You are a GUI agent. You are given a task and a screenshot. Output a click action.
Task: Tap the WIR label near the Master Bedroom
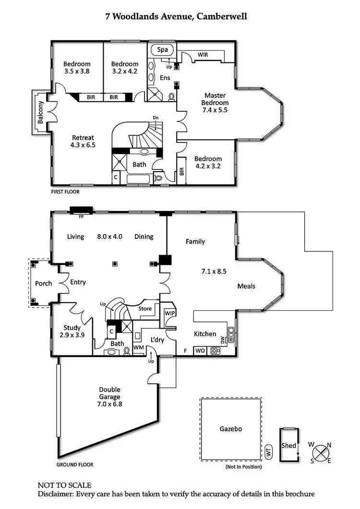click(203, 55)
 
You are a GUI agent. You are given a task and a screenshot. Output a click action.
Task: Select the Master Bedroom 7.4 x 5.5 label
click(216, 102)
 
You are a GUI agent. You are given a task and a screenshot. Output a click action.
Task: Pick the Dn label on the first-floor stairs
click(156, 117)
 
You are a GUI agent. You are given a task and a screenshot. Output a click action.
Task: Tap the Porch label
click(44, 283)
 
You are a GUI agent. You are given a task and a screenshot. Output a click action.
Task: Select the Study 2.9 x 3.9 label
click(72, 331)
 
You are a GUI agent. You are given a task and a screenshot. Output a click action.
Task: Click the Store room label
click(144, 309)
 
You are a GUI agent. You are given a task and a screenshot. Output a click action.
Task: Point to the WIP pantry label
click(170, 313)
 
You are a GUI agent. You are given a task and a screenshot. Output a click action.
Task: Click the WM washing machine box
click(139, 346)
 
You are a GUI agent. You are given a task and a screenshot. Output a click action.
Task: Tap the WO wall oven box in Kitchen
click(200, 351)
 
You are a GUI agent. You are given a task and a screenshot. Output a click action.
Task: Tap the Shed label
click(288, 446)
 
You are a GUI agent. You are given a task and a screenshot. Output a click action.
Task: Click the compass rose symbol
click(321, 452)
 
